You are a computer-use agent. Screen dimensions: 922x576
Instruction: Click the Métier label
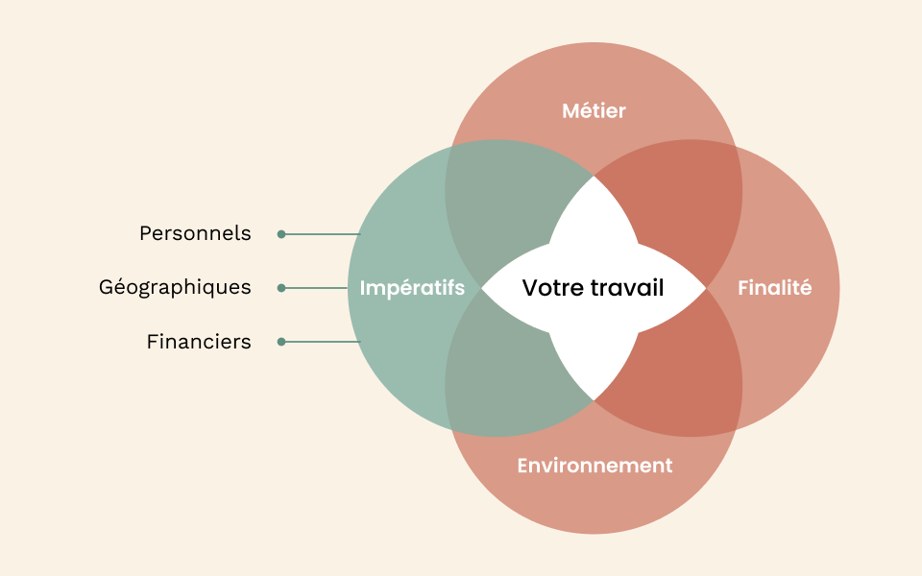point(594,111)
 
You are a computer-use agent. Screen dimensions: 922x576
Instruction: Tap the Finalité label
point(774,287)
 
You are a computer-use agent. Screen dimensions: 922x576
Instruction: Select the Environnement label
point(594,466)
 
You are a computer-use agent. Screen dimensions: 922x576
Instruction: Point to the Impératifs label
point(412,287)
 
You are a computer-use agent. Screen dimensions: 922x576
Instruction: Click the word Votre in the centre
point(553,287)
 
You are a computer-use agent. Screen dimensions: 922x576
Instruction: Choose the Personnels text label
point(195,233)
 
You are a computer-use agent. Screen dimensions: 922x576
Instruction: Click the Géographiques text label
point(175,287)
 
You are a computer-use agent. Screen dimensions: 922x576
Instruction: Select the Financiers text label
point(199,342)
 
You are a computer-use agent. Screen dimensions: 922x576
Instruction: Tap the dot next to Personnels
point(281,234)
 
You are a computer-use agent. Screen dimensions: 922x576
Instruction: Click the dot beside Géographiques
point(281,288)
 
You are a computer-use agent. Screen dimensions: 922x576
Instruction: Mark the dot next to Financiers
point(281,342)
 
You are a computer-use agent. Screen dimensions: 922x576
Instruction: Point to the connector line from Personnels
point(322,234)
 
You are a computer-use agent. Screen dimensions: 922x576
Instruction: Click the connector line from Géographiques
point(317,288)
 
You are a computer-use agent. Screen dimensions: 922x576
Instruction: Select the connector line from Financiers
point(322,342)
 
